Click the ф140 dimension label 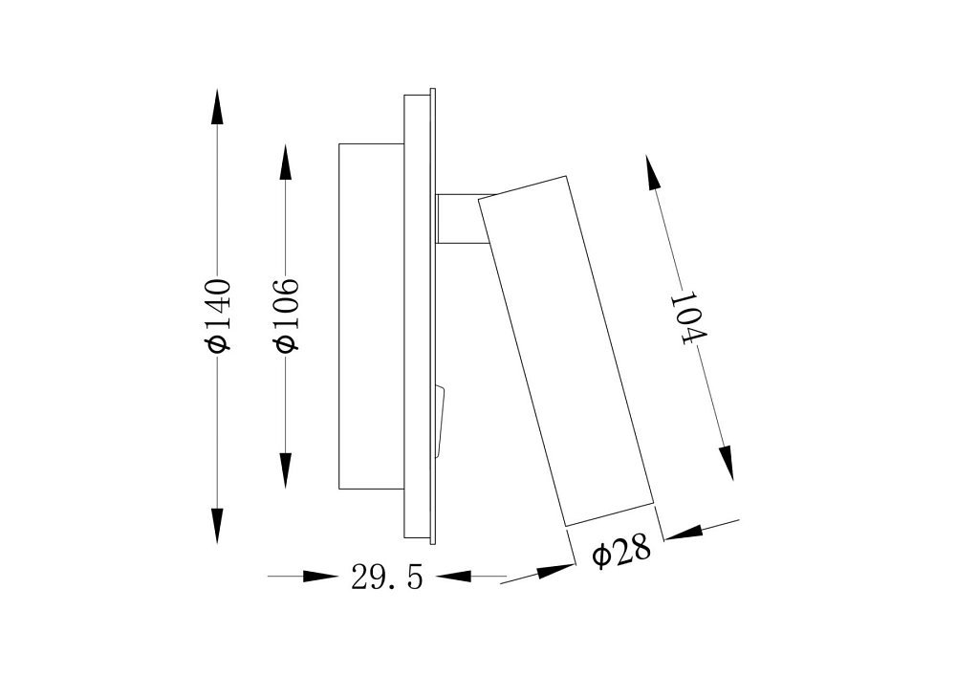(218, 316)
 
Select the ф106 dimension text (287, 316)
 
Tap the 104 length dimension (688, 319)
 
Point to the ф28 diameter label (621, 553)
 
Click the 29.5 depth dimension (386, 578)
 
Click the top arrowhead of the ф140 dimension (216, 108)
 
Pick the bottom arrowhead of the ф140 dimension (217, 524)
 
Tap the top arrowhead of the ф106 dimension (285, 163)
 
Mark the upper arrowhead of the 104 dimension (653, 172)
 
